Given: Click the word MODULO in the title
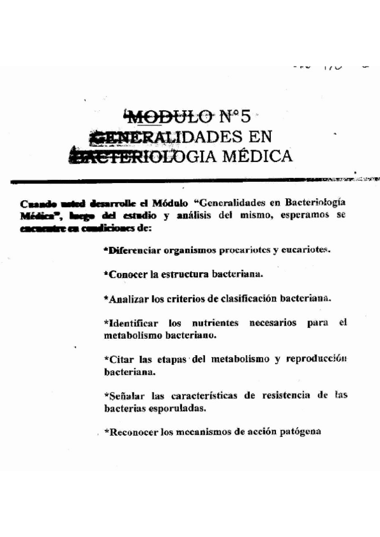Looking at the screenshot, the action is (x=170, y=117).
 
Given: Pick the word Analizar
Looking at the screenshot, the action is (x=129, y=298).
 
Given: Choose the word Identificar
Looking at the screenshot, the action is (x=133, y=322).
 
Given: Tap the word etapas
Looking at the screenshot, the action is (x=166, y=359).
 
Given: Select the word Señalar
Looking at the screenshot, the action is (x=127, y=396).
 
